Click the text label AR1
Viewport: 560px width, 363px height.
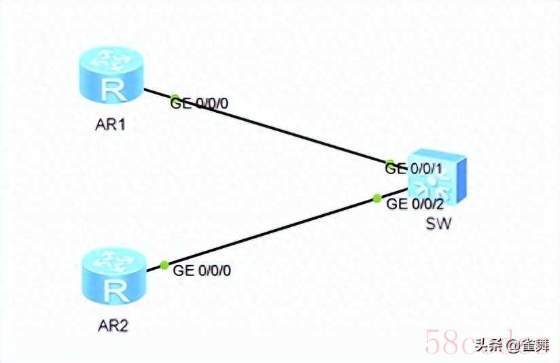[x=111, y=126]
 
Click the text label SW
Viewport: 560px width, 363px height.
[x=438, y=224]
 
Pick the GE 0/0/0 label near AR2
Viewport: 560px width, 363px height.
[x=203, y=271]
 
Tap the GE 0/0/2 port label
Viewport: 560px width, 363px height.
[x=415, y=204]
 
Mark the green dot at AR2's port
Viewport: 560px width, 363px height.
[x=163, y=265]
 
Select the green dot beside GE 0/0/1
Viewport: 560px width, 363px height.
[x=389, y=164]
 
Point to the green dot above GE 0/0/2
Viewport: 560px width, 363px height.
[x=377, y=198]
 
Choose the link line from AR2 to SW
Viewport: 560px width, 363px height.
[x=272, y=231]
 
